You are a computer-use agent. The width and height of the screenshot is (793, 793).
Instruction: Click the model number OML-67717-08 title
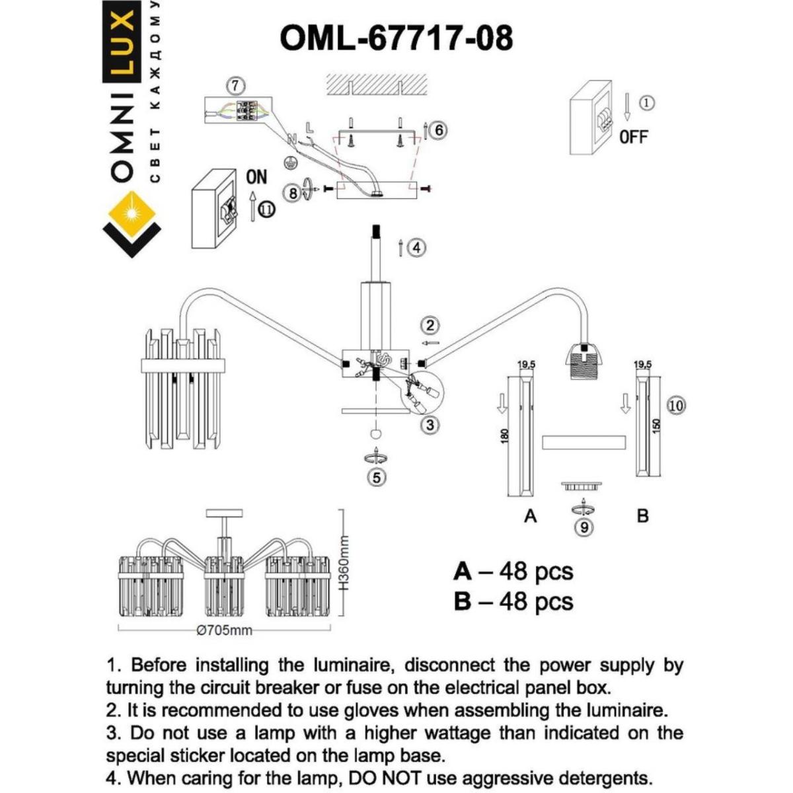tap(396, 38)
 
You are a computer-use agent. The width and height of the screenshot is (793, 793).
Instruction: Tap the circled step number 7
tap(235, 86)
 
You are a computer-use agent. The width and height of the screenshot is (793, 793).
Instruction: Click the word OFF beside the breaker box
tap(633, 137)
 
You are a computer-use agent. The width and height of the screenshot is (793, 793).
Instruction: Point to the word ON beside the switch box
tap(256, 176)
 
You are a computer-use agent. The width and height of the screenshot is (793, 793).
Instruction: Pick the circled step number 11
tap(267, 209)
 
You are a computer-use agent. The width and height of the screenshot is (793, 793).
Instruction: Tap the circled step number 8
tap(293, 193)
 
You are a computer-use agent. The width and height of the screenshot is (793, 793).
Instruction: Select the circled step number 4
tap(416, 248)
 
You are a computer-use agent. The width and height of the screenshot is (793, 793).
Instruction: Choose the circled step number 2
tap(430, 325)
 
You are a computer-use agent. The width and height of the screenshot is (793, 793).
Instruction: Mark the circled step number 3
tap(430, 425)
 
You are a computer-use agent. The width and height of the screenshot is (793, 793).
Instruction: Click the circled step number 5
tap(376, 477)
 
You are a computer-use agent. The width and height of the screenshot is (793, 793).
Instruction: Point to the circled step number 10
tap(676, 405)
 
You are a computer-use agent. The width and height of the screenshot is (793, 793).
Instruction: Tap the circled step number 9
tap(584, 527)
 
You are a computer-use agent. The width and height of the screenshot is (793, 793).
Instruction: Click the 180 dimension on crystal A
tap(505, 435)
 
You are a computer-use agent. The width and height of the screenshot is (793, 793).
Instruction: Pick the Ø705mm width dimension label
tap(225, 630)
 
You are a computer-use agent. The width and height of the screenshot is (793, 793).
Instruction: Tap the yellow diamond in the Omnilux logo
tap(133, 213)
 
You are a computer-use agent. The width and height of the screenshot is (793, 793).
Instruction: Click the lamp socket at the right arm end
tap(585, 359)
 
